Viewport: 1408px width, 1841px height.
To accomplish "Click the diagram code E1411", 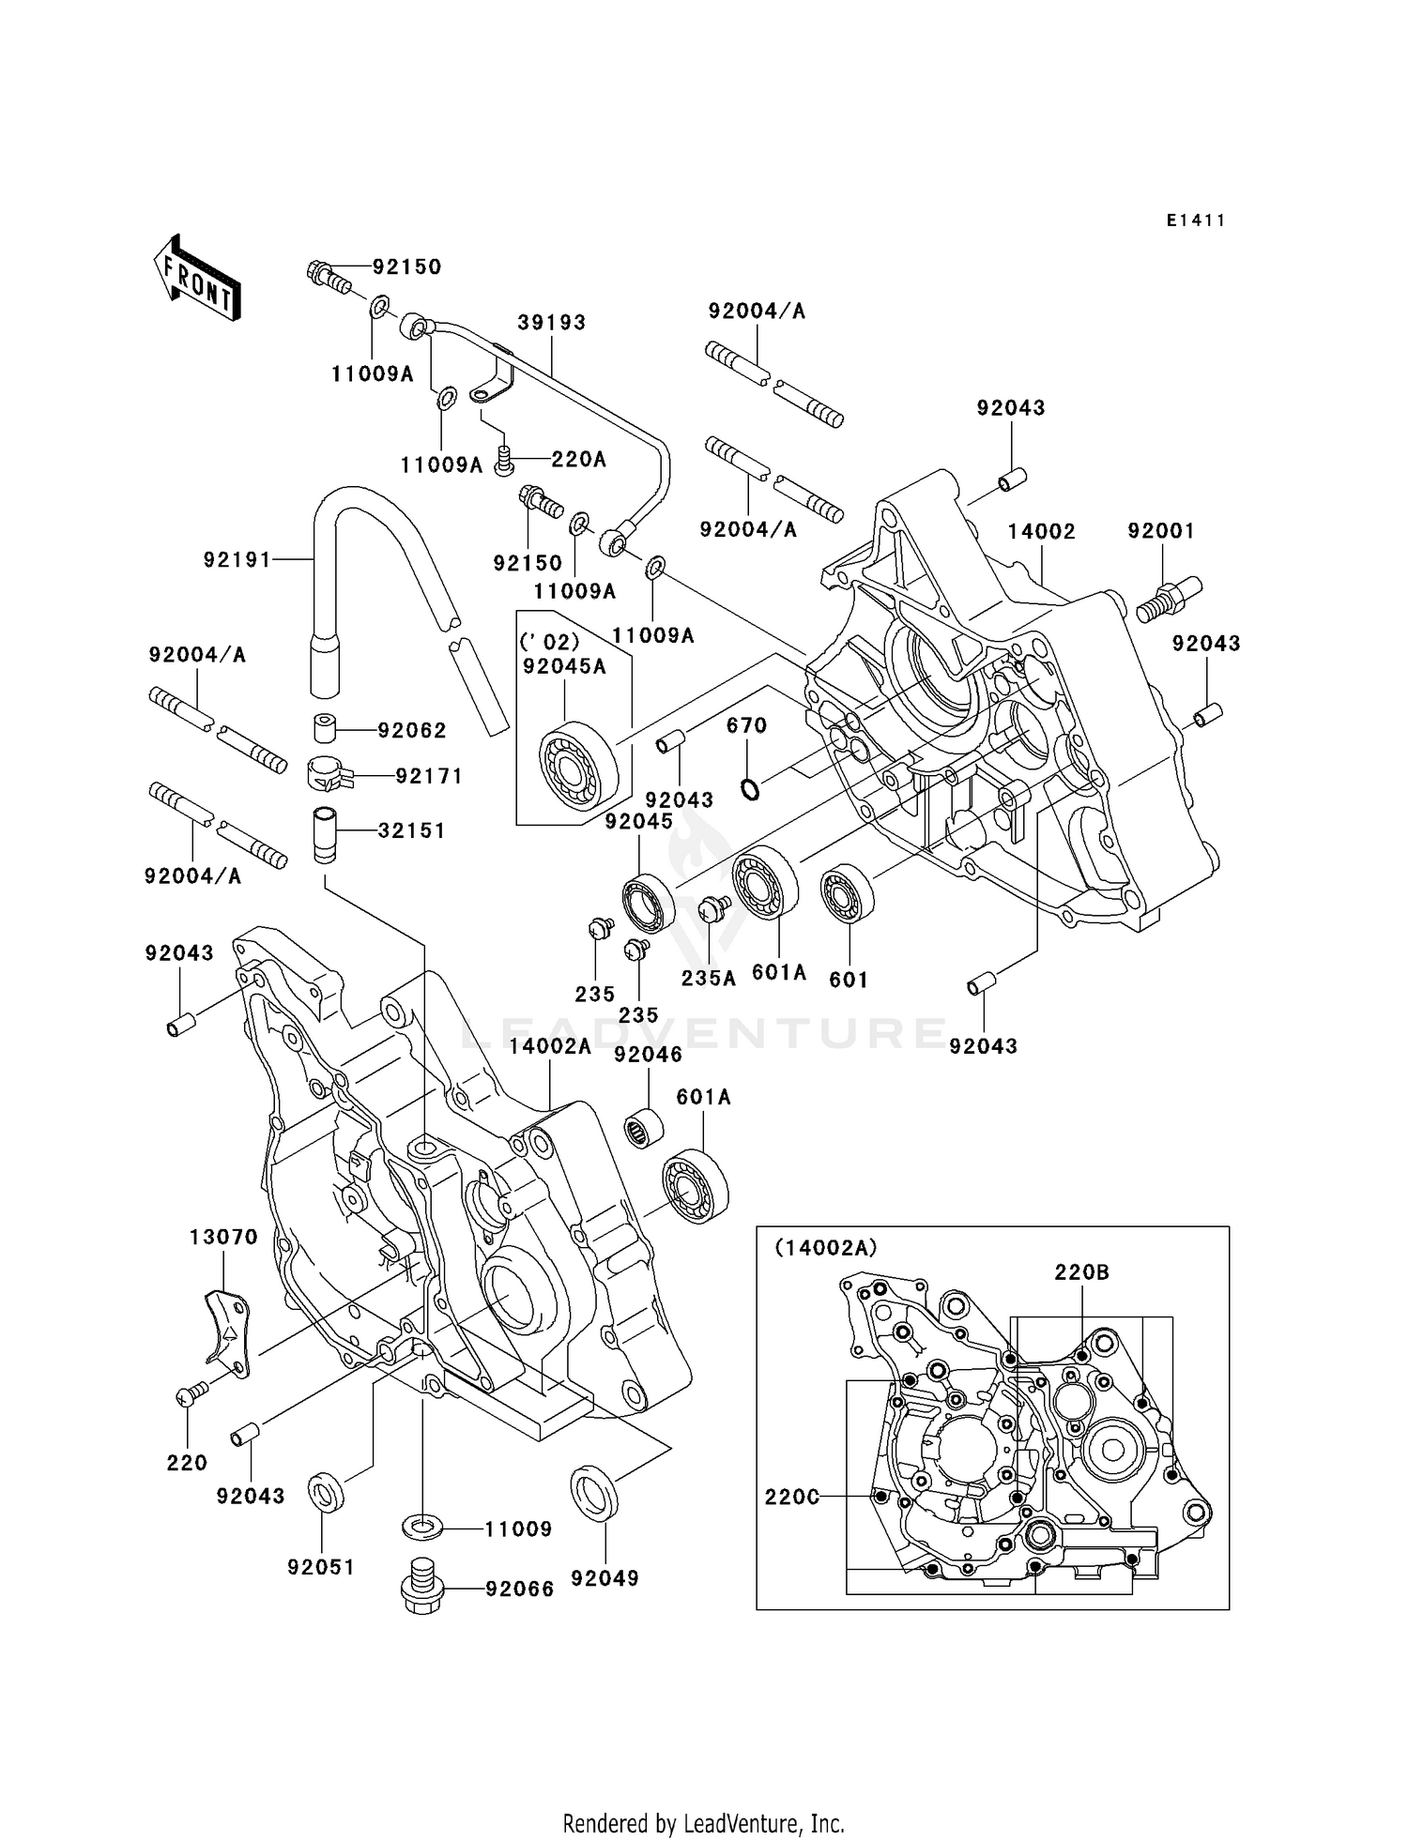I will point(1195,221).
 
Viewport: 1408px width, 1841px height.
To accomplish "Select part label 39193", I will point(551,322).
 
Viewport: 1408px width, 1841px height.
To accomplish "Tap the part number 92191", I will point(237,560).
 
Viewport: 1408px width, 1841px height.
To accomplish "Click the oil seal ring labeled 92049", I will point(594,1495).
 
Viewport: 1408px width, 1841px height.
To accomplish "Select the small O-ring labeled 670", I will point(749,790).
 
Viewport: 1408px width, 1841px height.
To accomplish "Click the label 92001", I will point(1161,531).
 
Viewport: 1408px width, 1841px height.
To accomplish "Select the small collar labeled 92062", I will point(325,729).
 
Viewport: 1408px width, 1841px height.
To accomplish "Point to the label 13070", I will point(223,1238).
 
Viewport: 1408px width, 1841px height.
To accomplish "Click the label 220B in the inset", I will point(1081,1272).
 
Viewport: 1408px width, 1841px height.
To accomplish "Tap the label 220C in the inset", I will point(791,1497).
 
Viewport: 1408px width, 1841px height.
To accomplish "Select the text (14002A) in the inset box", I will point(825,1247).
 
